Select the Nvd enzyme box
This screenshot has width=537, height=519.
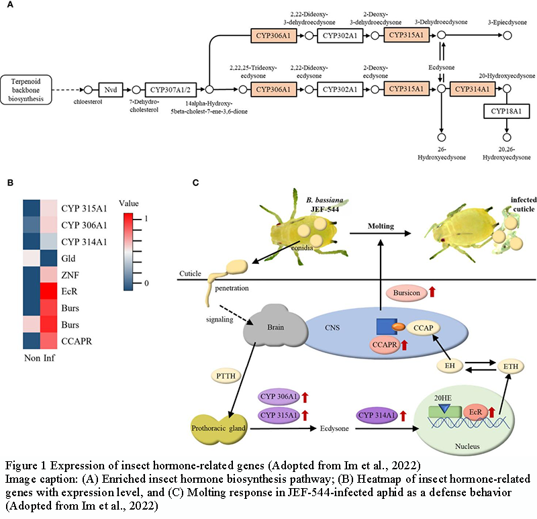pyautogui.click(x=109, y=89)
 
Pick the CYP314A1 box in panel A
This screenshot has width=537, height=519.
pyautogui.click(x=473, y=89)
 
